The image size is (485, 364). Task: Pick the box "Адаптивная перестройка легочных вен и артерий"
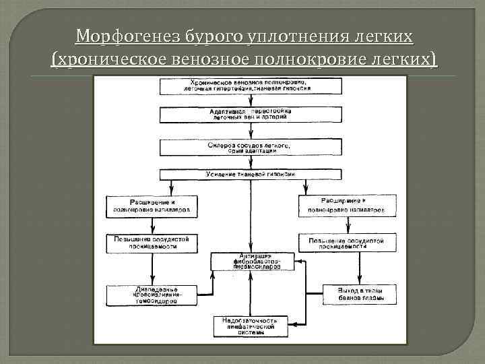250,113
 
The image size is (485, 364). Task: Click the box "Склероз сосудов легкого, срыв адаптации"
250,148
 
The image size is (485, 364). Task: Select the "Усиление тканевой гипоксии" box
250,175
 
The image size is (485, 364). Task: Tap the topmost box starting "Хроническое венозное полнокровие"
250,85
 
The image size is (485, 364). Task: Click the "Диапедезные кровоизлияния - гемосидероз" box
152,295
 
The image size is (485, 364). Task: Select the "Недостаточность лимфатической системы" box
250,326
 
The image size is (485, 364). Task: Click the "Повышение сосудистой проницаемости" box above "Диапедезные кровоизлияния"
152,243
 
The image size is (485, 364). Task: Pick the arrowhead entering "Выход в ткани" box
359,282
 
